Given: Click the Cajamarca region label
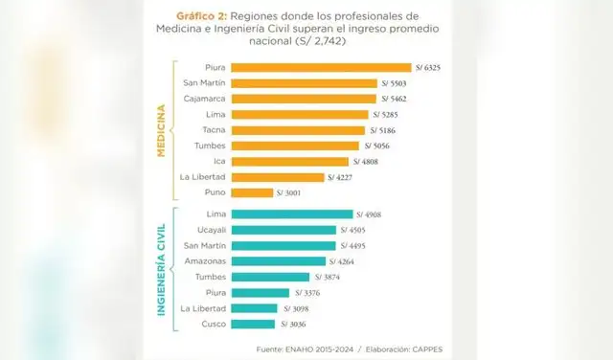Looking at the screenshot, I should [x=201, y=99].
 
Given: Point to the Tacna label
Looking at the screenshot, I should [x=214, y=129].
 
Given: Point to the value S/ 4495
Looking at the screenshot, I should [x=355, y=246].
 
